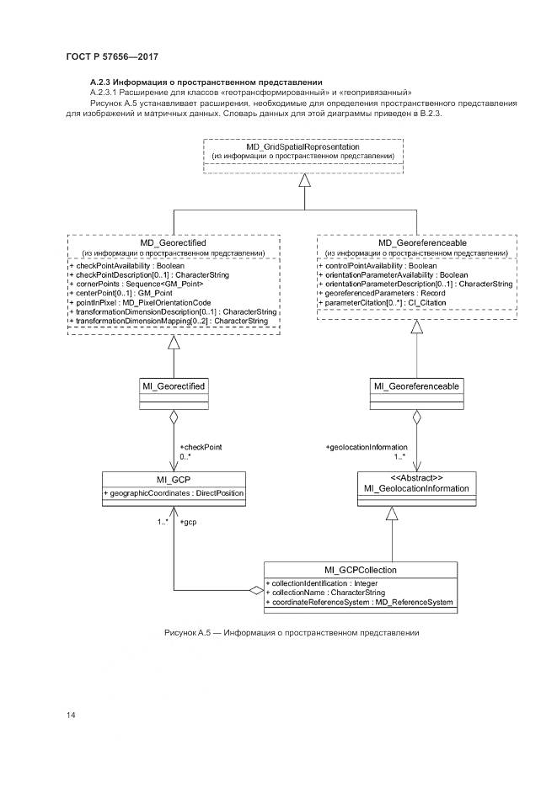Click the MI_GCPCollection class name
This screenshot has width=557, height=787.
[x=361, y=570]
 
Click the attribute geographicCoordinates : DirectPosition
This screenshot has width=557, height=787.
[x=173, y=492]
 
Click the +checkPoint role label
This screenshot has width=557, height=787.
[x=201, y=447]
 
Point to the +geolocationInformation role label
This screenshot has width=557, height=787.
[x=367, y=447]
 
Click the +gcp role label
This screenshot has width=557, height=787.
[x=190, y=522]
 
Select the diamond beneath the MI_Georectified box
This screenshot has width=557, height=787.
[x=172, y=416]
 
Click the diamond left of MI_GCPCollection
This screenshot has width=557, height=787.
[x=256, y=590]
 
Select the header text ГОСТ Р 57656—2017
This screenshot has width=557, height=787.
[x=112, y=56]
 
